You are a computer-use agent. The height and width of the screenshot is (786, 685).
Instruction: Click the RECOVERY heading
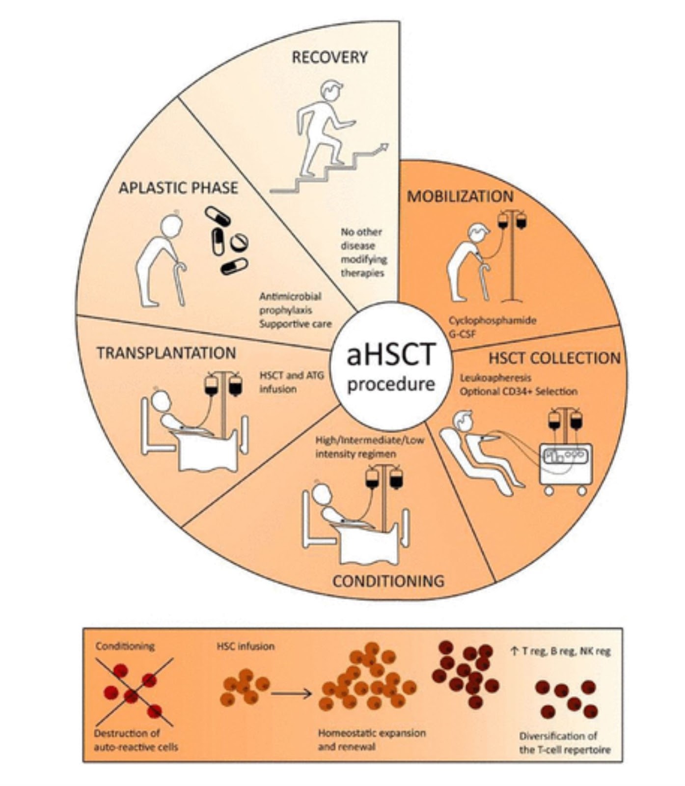(329, 57)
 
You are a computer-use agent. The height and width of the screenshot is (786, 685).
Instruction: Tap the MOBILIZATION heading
(460, 196)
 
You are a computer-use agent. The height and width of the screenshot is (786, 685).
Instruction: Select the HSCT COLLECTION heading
(554, 358)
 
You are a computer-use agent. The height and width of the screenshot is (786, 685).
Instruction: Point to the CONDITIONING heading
(388, 581)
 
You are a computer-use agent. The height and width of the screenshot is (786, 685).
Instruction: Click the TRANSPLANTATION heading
(166, 353)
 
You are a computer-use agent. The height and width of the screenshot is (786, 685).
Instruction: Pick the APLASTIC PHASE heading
(178, 188)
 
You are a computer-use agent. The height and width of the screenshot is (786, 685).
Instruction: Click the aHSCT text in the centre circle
(391, 355)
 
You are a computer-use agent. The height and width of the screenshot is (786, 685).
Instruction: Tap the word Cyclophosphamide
(492, 320)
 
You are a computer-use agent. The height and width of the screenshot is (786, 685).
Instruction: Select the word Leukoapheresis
(495, 378)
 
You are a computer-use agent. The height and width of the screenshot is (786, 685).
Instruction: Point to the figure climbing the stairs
(324, 130)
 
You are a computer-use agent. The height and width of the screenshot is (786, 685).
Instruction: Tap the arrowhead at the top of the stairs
(384, 147)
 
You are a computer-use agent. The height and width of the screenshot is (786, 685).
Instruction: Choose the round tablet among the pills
(239, 241)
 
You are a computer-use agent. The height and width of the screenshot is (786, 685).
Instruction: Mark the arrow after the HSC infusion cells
(291, 694)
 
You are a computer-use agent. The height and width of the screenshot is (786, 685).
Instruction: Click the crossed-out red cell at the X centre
(131, 696)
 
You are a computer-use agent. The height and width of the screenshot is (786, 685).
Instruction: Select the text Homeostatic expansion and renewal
(371, 740)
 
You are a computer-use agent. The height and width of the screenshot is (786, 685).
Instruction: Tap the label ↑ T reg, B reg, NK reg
(560, 652)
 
